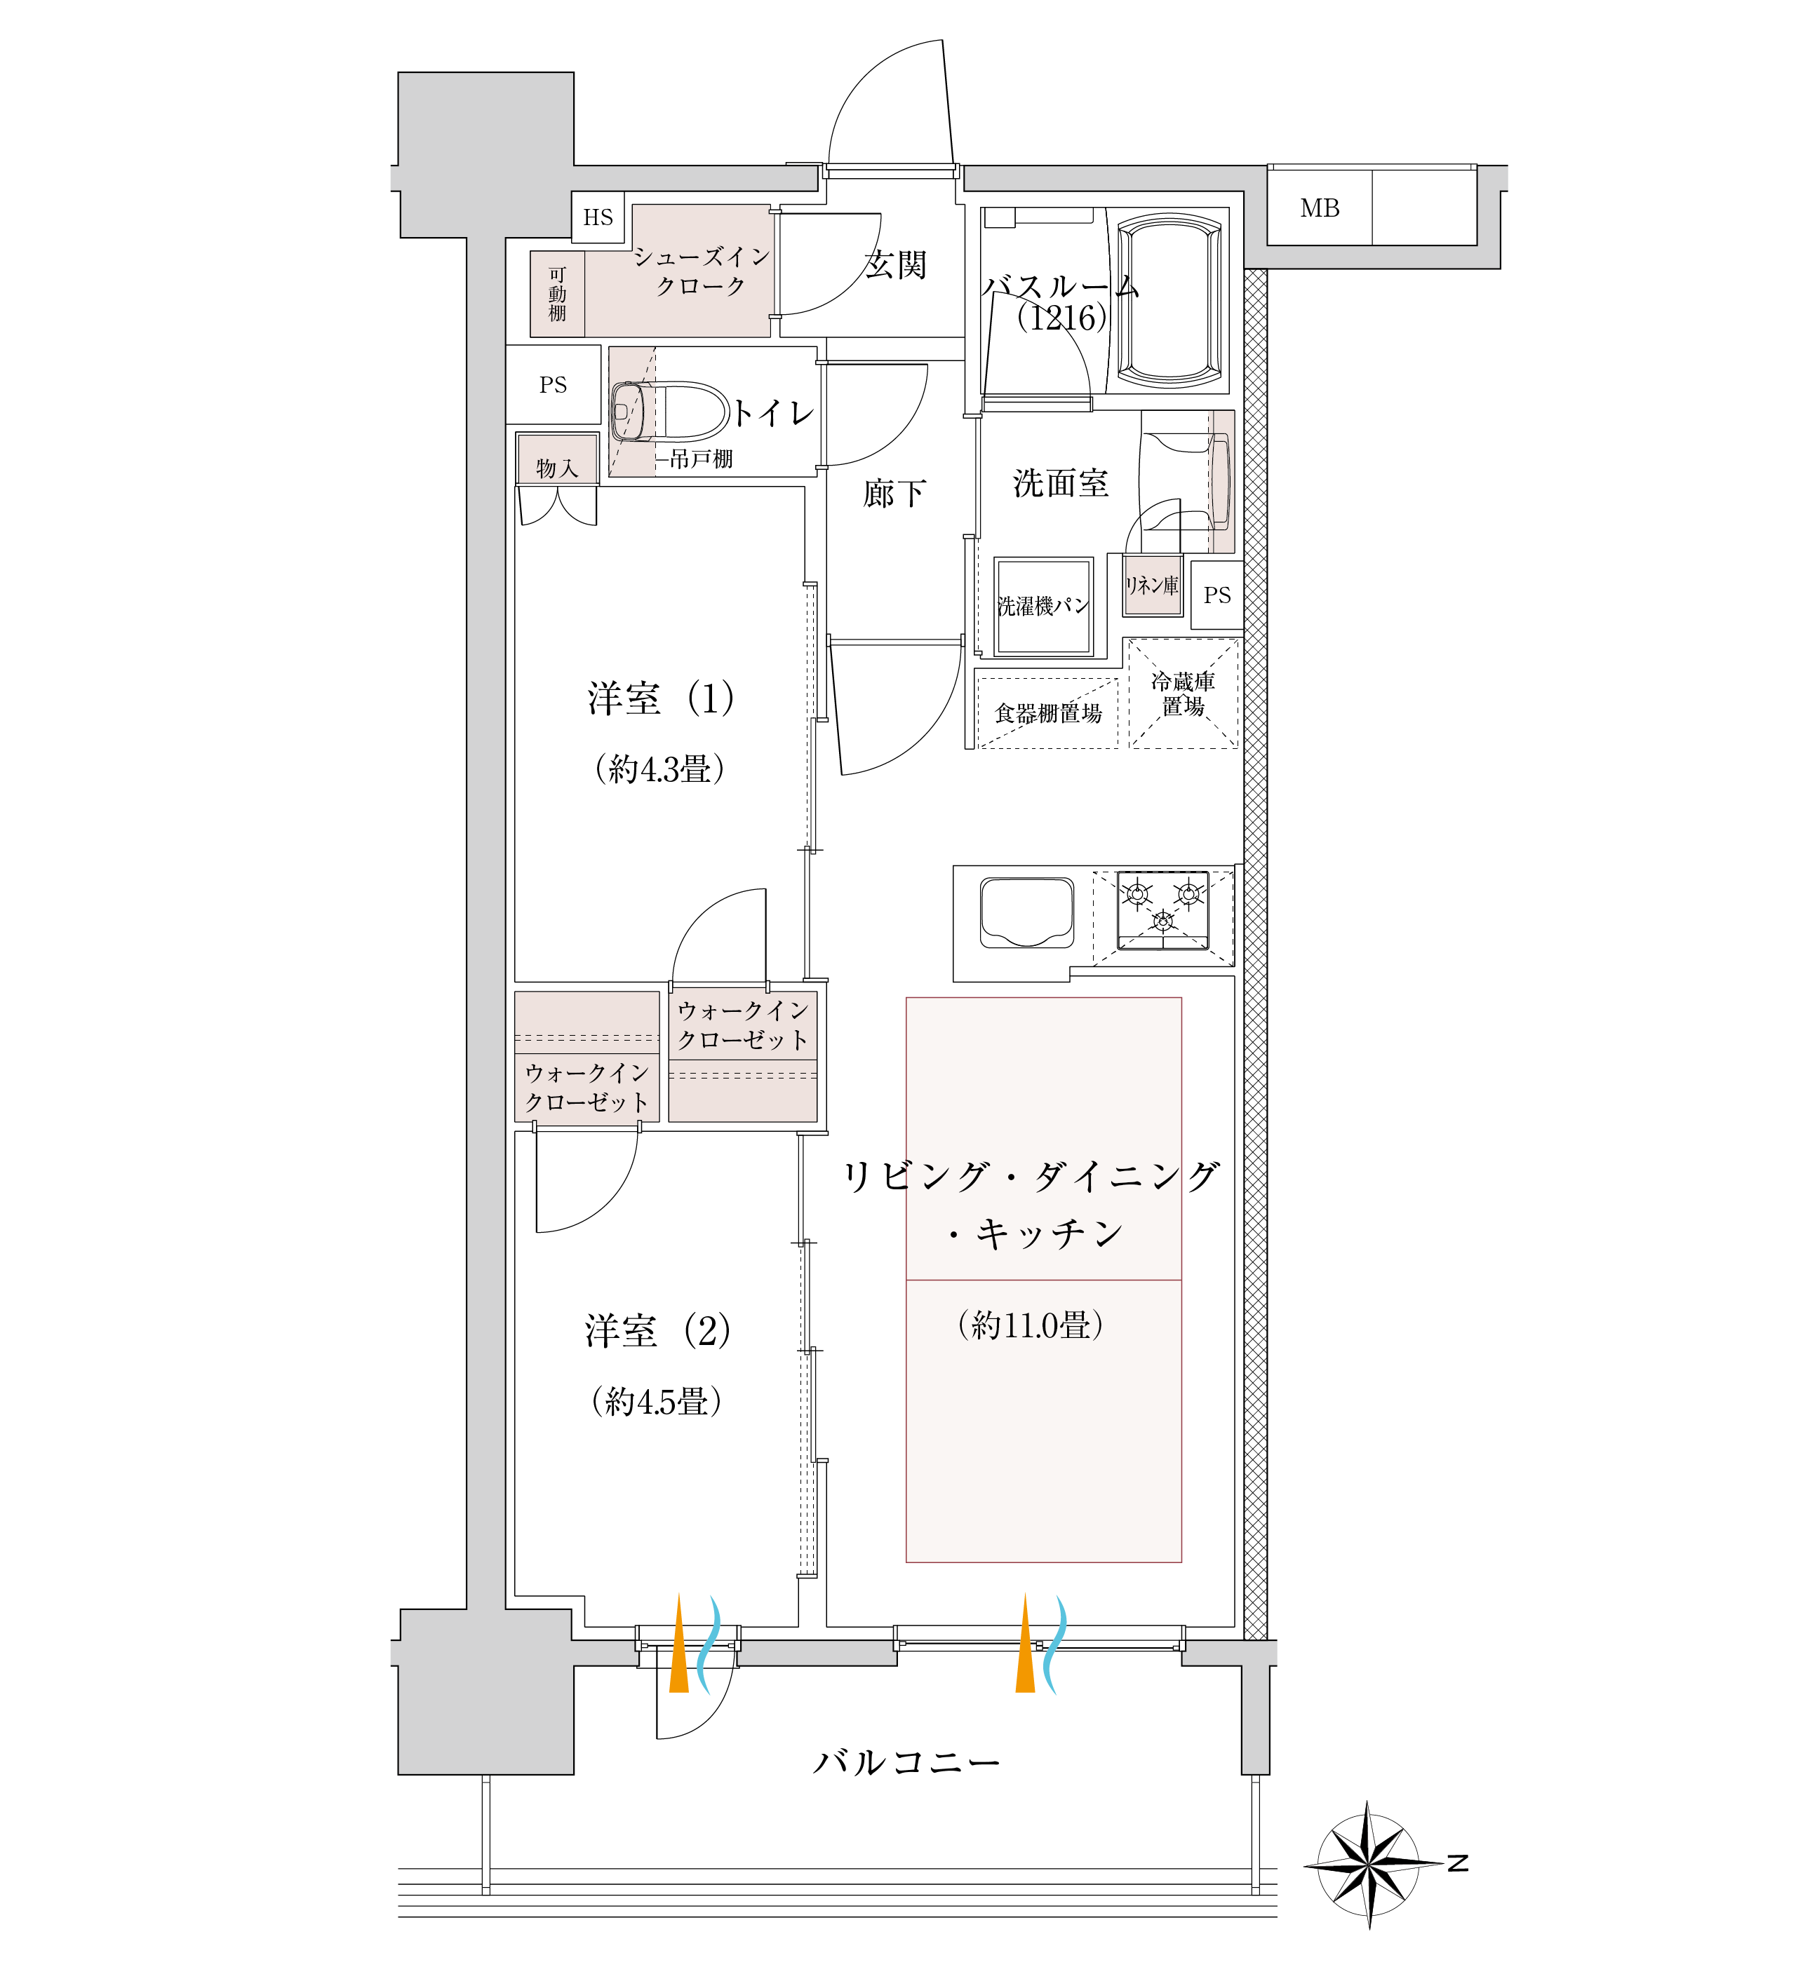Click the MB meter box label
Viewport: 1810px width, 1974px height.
(1320, 208)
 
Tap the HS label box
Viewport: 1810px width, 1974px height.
(598, 217)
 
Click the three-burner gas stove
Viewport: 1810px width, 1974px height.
(1162, 910)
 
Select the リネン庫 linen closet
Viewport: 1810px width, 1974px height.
(1152, 586)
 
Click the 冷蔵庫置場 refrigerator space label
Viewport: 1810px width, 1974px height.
(1183, 694)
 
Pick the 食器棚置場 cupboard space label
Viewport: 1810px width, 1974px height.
(1048, 713)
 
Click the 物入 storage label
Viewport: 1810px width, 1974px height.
(557, 468)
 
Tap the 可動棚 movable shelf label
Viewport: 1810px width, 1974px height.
(557, 294)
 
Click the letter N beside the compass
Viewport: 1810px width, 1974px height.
(1459, 1863)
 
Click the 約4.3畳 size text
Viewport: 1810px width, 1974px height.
(659, 769)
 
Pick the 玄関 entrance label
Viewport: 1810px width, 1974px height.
(895, 264)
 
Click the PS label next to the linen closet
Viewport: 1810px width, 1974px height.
(1217, 595)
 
